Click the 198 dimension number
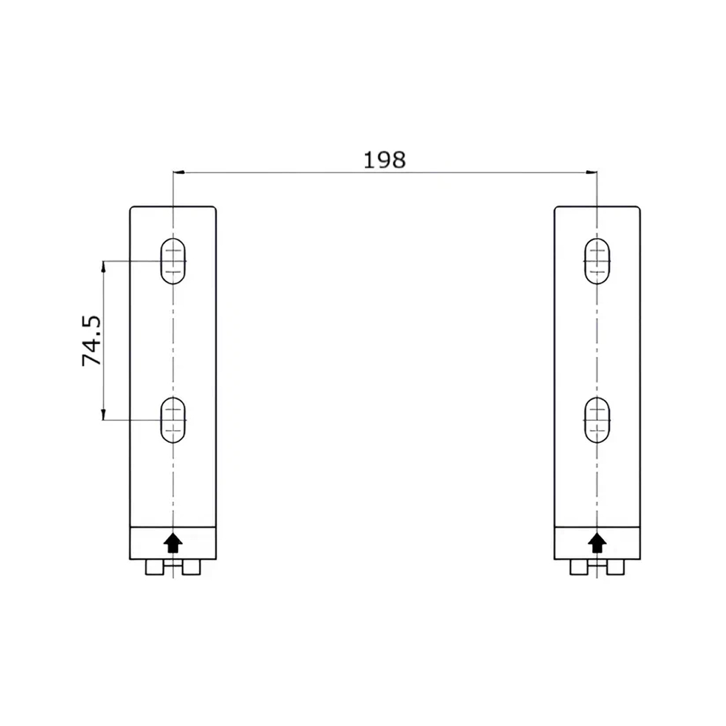coord(385,160)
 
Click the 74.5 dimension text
coord(91,341)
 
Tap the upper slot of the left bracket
coord(173,261)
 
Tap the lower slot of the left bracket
coord(173,420)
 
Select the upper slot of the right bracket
coord(598,261)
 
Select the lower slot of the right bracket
coord(598,420)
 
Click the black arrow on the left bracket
coord(173,542)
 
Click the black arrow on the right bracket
coord(598,542)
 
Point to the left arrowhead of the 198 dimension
coord(179,173)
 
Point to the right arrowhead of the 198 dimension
coord(592,173)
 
